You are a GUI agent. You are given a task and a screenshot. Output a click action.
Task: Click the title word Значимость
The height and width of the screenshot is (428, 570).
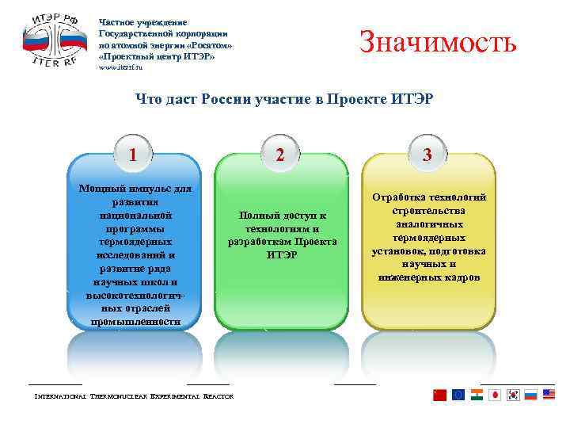click(x=438, y=41)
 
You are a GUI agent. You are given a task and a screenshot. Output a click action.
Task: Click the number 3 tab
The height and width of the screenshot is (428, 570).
click(x=427, y=155)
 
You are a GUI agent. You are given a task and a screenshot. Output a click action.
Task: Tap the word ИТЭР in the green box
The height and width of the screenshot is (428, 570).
click(x=283, y=255)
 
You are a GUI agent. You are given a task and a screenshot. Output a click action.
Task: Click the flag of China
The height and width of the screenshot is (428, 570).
click(x=440, y=395)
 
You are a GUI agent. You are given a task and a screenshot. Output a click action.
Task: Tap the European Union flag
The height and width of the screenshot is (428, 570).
click(x=458, y=395)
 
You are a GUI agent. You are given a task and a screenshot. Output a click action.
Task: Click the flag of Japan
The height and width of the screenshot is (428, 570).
click(x=495, y=395)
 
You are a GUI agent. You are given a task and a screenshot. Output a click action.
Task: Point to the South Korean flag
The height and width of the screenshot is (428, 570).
click(x=513, y=395)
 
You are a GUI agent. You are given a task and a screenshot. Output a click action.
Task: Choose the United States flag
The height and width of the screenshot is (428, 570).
click(x=549, y=395)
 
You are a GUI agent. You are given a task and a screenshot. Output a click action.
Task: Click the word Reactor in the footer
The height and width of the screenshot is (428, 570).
click(x=218, y=396)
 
